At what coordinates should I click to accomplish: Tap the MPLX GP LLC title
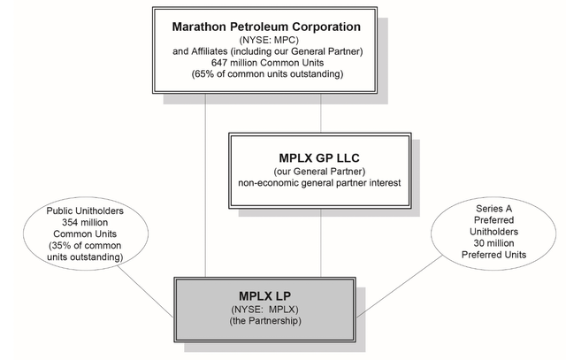pyautogui.click(x=320, y=157)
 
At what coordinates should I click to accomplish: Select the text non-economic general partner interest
pyautogui.click(x=320, y=184)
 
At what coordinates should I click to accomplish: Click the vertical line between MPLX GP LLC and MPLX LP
pyautogui.click(x=320, y=240)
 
